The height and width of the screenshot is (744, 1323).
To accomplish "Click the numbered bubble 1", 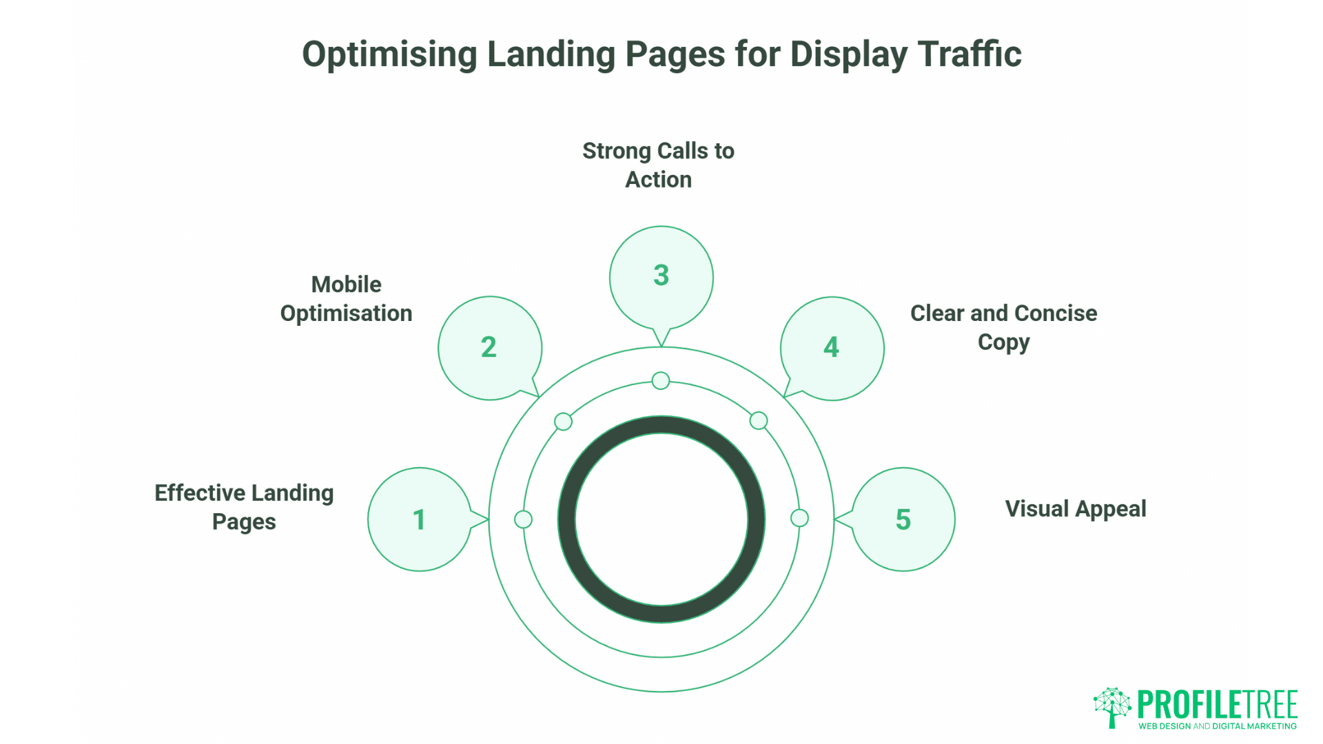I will click(419, 519).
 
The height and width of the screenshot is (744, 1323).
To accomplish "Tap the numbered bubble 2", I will click(489, 347).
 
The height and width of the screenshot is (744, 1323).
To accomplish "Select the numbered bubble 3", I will click(661, 276).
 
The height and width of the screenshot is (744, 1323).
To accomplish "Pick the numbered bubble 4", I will click(832, 347).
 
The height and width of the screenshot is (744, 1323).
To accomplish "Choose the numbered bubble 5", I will click(903, 519).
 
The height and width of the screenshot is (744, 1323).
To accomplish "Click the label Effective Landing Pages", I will click(244, 507).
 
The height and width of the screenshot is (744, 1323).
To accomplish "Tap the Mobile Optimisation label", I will click(346, 298).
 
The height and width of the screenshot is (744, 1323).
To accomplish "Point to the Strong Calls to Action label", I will click(658, 165).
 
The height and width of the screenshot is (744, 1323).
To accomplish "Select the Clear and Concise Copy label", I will click(1003, 327).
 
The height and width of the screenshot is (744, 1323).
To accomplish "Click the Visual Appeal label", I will click(1076, 508).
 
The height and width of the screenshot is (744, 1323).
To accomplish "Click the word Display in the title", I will click(848, 54).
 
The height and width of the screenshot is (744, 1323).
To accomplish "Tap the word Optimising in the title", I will click(389, 54).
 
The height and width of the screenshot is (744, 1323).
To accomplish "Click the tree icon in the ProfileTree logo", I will click(1112, 707).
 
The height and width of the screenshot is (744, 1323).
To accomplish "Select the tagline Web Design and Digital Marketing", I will click(1218, 726).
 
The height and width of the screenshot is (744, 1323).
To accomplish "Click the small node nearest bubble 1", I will click(523, 519).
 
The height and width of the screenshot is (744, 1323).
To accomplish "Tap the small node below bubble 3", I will click(661, 380).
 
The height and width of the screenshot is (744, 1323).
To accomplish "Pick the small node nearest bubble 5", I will click(799, 518).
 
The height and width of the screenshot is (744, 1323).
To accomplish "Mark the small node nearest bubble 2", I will click(563, 422).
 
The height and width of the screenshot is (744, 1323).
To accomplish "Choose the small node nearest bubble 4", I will click(759, 420).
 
